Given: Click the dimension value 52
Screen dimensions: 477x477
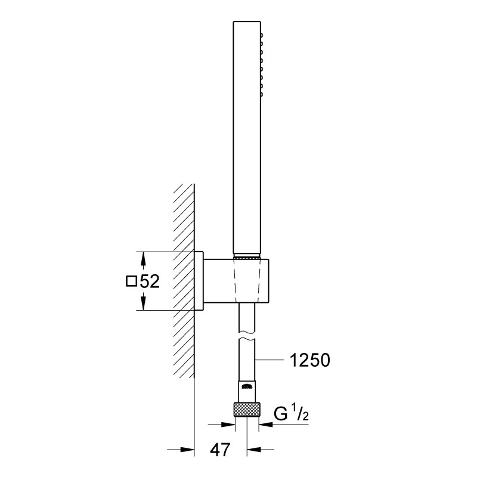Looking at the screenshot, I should click(150, 281).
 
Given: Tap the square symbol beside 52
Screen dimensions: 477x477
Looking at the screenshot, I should click(132, 281).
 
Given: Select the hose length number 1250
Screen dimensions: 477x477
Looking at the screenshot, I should click(309, 360).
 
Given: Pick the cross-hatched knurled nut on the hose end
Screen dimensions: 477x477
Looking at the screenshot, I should click(247, 410).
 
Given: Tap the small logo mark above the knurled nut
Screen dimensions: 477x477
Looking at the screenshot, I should click(247, 388).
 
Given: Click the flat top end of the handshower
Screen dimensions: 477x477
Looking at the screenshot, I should click(247, 24).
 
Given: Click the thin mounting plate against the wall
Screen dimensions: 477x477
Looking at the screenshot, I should click(199, 281).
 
